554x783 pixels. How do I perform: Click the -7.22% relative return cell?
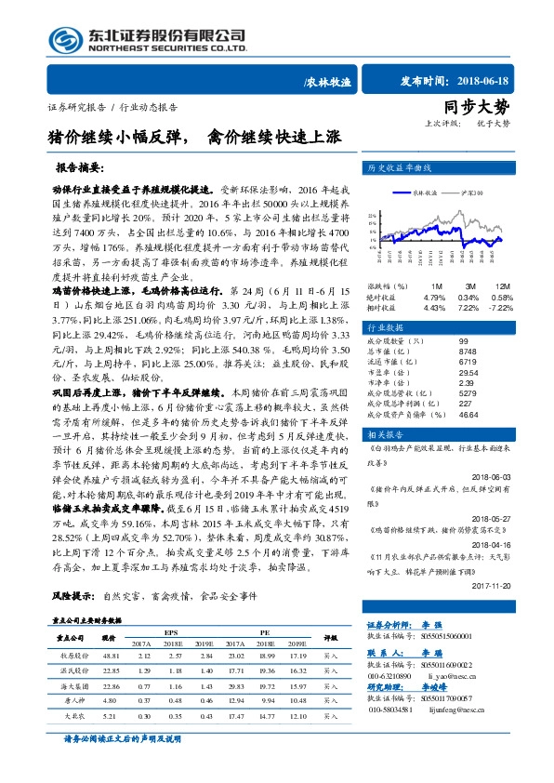pos(525,306)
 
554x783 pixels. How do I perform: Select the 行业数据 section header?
pos(387,327)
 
